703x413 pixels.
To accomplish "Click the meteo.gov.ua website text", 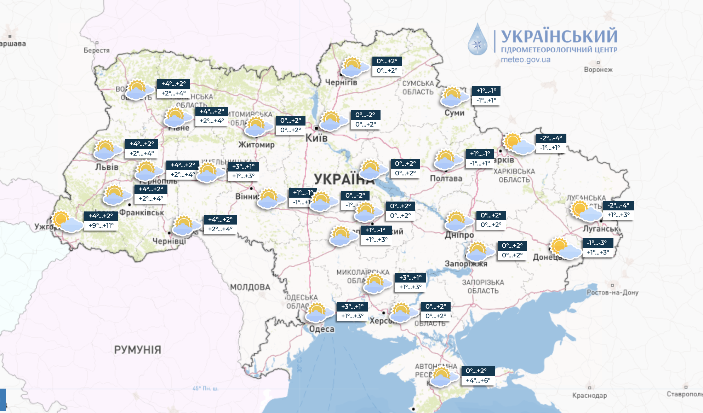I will pyautogui.click(x=525, y=60).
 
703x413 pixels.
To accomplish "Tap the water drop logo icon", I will pyautogui.click(x=478, y=40).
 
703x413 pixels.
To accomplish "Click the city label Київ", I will pyautogui.click(x=316, y=138).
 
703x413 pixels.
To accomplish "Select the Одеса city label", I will pyautogui.click(x=321, y=329).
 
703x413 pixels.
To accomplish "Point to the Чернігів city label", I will pyautogui.click(x=341, y=82).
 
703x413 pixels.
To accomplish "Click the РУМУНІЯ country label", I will pyautogui.click(x=137, y=350).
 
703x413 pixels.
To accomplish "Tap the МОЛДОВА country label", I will pyautogui.click(x=250, y=287).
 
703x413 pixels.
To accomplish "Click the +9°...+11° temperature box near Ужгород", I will pyautogui.click(x=101, y=226).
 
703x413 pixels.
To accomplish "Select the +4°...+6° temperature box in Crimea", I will pyautogui.click(x=478, y=380).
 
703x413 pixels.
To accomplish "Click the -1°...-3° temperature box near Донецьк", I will pyautogui.click(x=598, y=243).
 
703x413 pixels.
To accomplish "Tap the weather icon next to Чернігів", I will pyautogui.click(x=354, y=67).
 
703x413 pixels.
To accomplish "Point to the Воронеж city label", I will pyautogui.click(x=598, y=70).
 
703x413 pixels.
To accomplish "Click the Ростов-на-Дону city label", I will pyautogui.click(x=612, y=292).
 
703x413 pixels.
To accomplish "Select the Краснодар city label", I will pyautogui.click(x=589, y=395).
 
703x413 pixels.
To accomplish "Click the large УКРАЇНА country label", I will pyautogui.click(x=343, y=179).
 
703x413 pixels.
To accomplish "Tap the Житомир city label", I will pyautogui.click(x=256, y=145).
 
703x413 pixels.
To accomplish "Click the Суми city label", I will pyautogui.click(x=454, y=113).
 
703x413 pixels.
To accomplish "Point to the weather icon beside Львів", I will pyautogui.click(x=107, y=150).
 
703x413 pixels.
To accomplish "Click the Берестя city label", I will pyautogui.click(x=96, y=50).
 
